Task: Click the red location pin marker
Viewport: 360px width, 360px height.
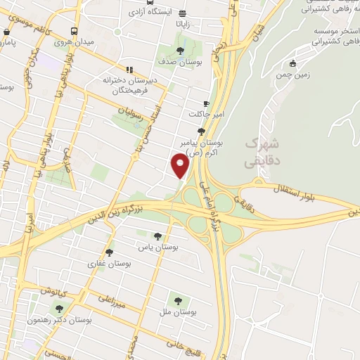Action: (181, 166)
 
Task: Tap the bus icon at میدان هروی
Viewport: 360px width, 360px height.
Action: (74, 32)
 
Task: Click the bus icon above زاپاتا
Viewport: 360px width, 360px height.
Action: (183, 13)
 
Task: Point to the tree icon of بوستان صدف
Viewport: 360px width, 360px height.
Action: (181, 51)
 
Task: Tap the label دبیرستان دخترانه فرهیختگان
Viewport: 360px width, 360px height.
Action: (155, 79)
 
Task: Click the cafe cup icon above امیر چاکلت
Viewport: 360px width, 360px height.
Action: (206, 103)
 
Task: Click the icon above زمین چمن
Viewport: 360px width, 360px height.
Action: (292, 63)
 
